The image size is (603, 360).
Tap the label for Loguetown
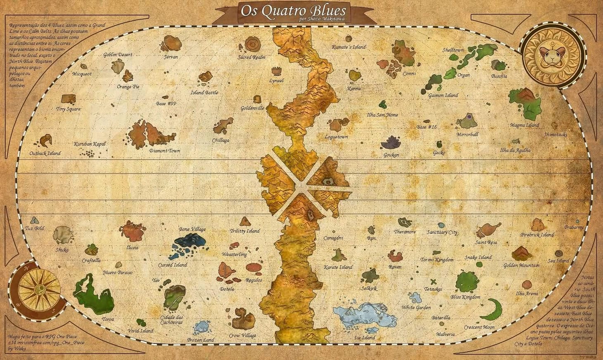pos(336,137)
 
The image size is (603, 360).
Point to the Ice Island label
pos(365,338)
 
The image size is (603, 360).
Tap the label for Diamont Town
pos(165,151)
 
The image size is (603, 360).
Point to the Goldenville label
pos(252,109)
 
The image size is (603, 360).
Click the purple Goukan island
pos(391,143)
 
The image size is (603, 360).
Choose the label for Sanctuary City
pos(442,232)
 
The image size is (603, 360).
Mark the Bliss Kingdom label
pos(465,297)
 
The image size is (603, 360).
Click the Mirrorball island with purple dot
pos(467,121)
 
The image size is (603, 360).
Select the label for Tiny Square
pos(68,109)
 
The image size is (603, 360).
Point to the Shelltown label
pos(453,50)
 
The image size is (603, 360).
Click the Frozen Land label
pos(200,340)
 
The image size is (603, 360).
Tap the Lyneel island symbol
pos(276,71)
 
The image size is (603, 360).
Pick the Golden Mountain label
pos(521,265)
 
